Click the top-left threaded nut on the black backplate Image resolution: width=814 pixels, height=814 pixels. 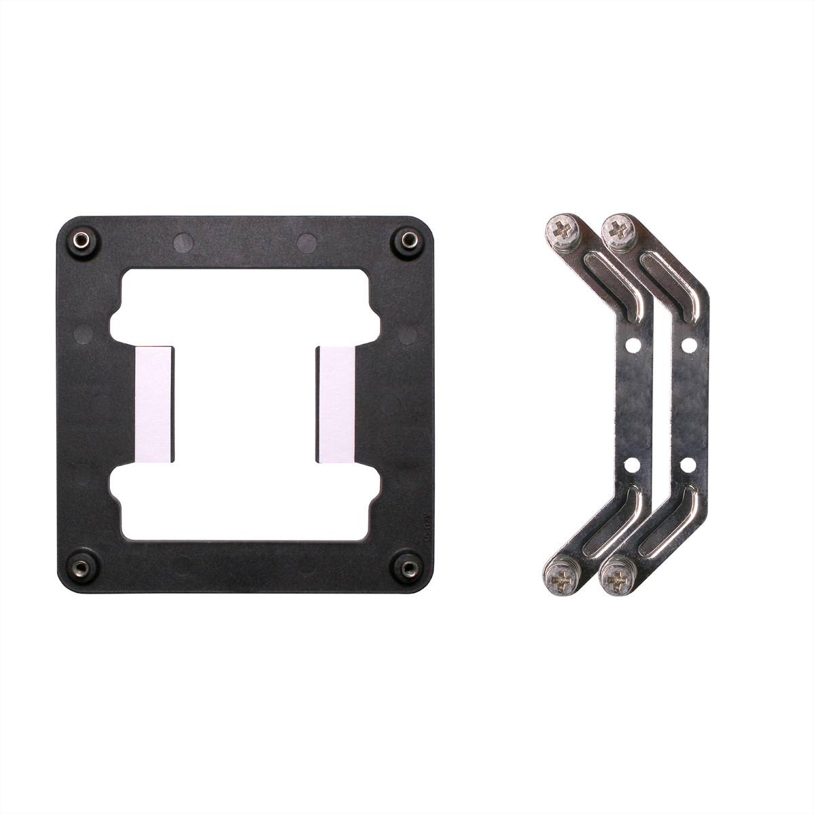tap(80, 239)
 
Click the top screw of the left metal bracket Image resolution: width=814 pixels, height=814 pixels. tap(562, 230)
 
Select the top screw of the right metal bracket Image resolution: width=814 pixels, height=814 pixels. tap(618, 229)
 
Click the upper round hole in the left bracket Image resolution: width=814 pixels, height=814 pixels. tap(634, 345)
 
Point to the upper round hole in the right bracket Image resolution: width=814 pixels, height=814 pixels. tap(689, 345)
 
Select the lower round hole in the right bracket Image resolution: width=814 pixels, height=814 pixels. tap(689, 465)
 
